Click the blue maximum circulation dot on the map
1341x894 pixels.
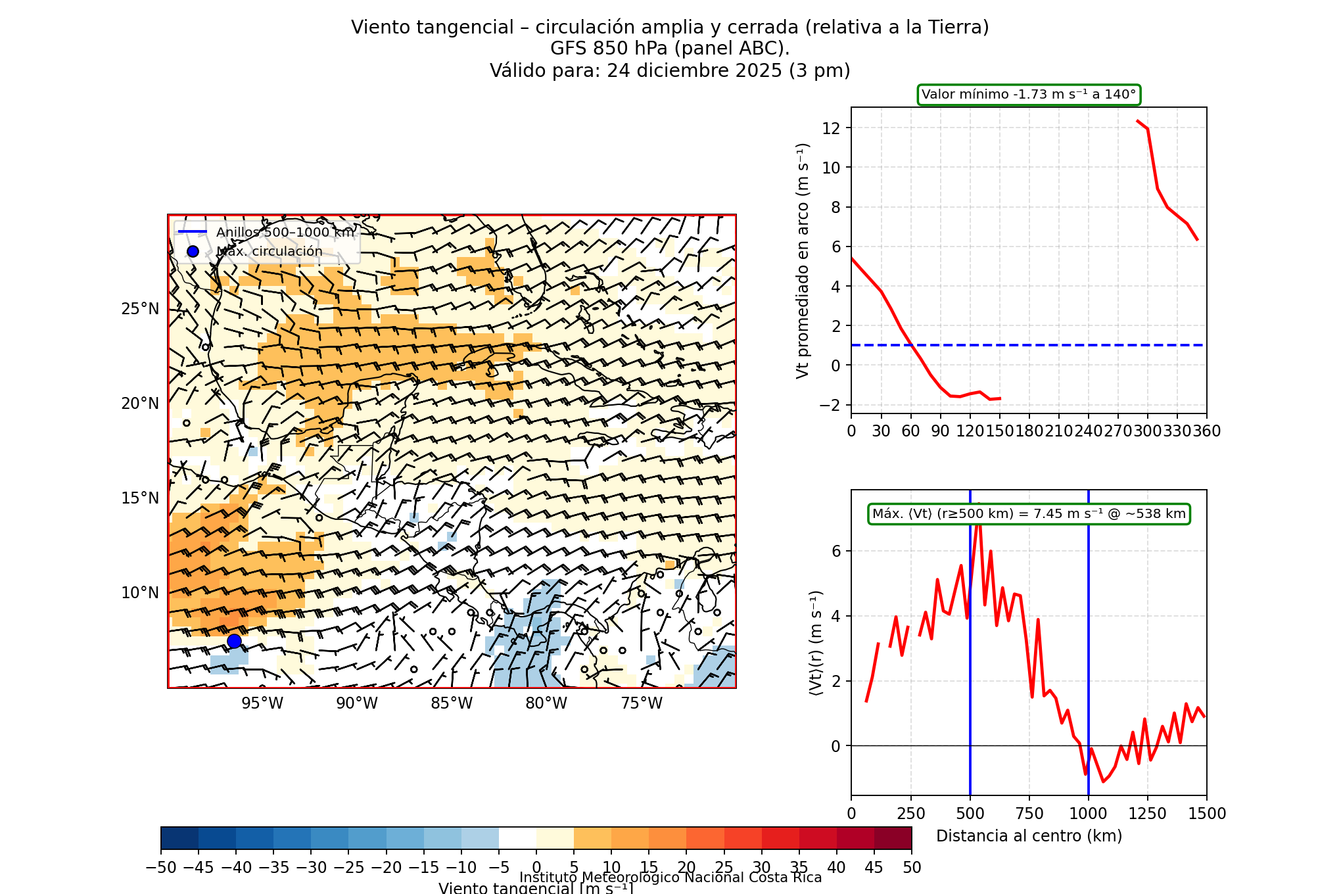point(234,641)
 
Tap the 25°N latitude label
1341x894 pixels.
point(140,309)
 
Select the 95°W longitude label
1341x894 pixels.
point(262,703)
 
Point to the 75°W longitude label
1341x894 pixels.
point(642,703)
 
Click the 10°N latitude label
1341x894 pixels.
point(140,593)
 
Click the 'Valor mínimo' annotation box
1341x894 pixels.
point(1029,95)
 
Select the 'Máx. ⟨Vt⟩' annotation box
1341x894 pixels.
point(1029,514)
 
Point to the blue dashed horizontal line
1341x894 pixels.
point(1052,345)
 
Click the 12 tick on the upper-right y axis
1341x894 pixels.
point(831,128)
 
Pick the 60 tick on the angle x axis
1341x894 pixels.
point(910,431)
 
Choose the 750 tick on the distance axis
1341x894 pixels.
point(1029,814)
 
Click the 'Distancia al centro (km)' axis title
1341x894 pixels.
point(1029,836)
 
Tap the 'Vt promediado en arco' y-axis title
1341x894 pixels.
point(803,260)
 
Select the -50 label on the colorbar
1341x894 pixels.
point(161,868)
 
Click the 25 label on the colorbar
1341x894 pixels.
point(724,868)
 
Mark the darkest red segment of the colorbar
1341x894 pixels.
point(893,838)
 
